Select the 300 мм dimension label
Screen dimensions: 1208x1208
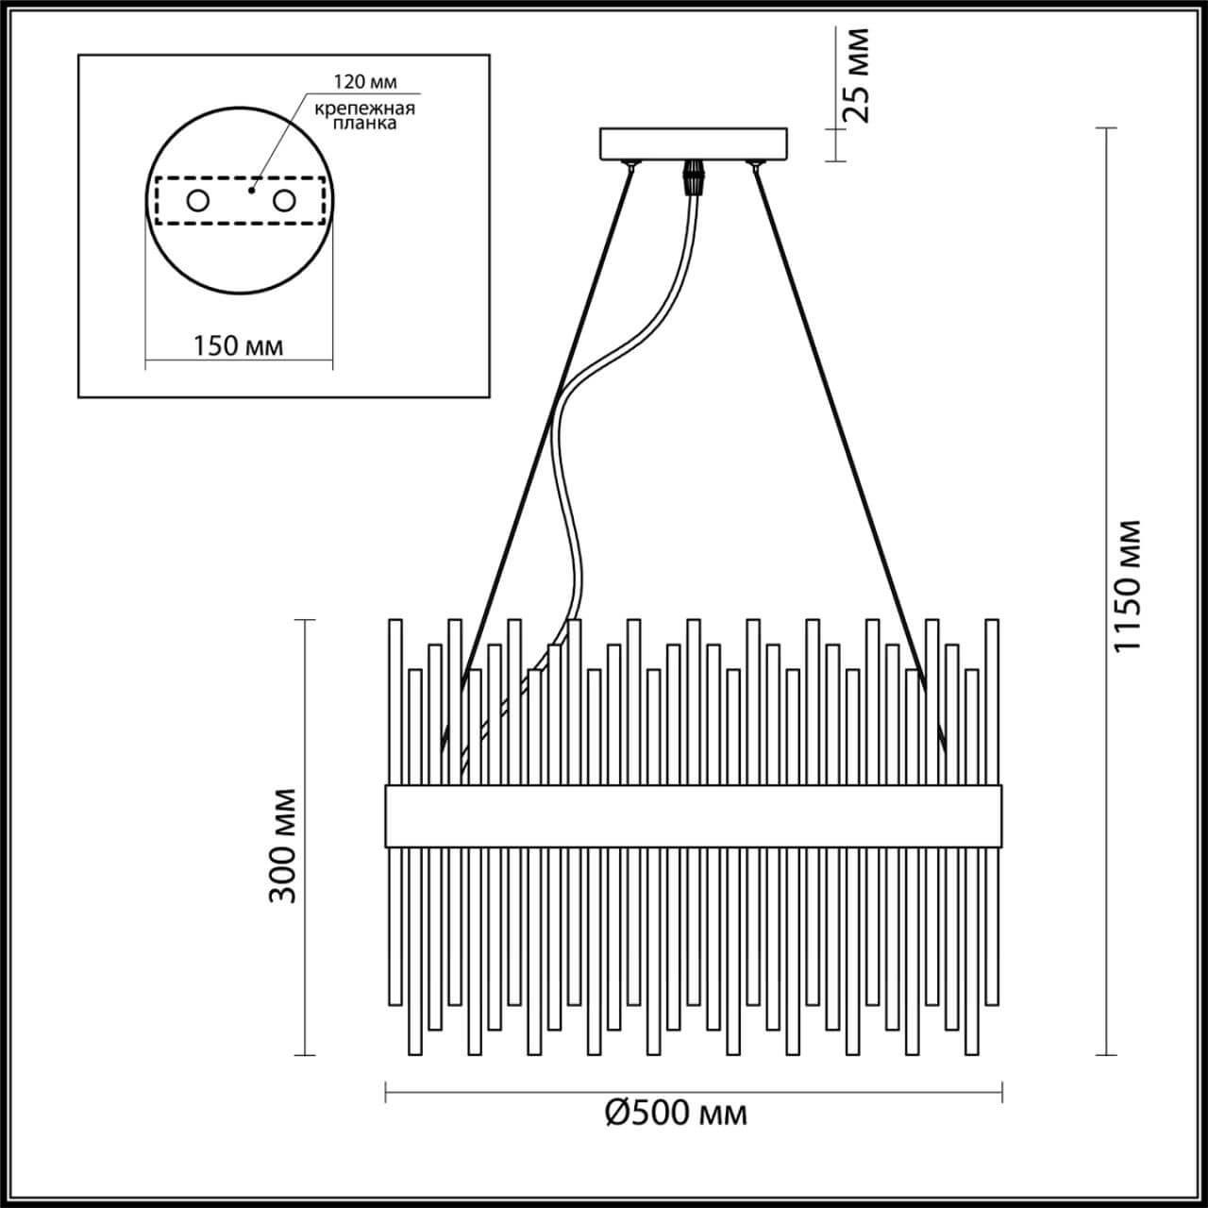click(282, 844)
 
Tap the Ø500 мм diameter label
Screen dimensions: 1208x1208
click(676, 1114)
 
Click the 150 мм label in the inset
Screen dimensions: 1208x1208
click(238, 345)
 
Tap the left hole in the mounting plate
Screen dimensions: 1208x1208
click(197, 201)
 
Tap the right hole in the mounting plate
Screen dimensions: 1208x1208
click(283, 201)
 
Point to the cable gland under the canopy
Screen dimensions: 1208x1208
click(695, 176)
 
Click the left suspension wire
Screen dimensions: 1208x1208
click(547, 425)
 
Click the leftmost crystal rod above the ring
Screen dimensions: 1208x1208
click(394, 698)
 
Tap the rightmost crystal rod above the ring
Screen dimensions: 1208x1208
click(992, 698)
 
